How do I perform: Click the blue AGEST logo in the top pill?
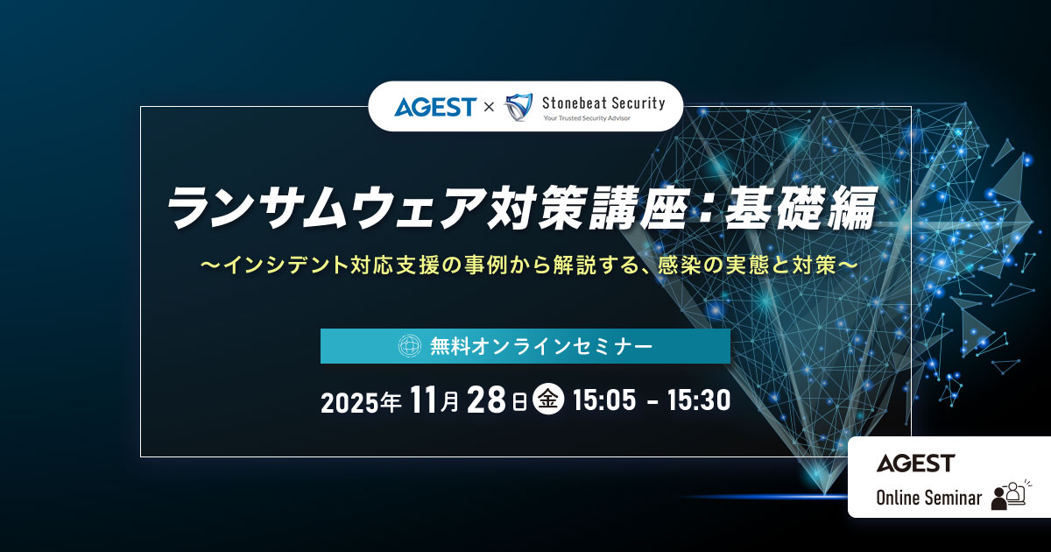434,107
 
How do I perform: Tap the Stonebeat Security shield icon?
519,107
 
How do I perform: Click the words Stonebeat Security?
603,103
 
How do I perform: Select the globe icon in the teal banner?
410,346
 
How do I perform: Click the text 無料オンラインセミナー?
541,346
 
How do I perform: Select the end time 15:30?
698,401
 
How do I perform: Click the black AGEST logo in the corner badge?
915,463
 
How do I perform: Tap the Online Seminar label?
928,498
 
